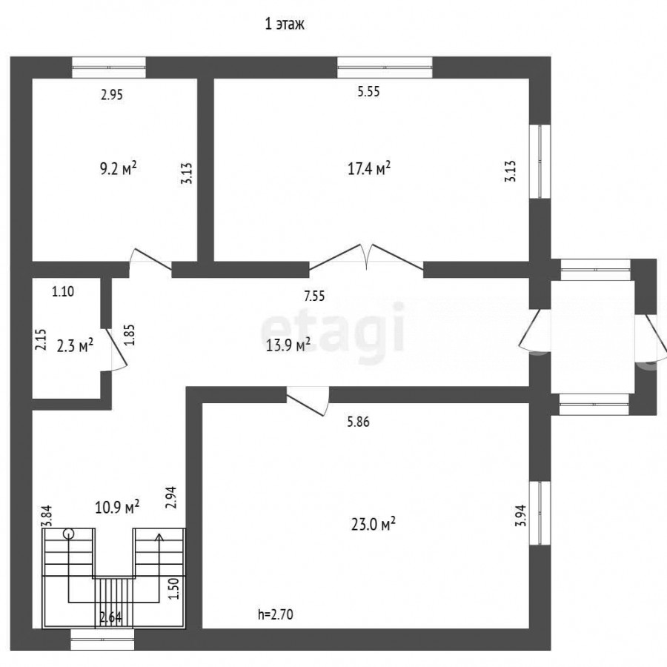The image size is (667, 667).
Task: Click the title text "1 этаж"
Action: [x=285, y=24]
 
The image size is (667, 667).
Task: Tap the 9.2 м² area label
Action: [x=119, y=168]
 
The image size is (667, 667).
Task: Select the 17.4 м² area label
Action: [x=369, y=168]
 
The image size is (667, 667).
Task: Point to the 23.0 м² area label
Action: [x=374, y=524]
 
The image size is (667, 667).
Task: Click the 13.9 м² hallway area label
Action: [x=288, y=345]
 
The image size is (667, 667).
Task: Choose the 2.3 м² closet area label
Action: [x=75, y=346]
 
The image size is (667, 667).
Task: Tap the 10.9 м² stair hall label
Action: [x=117, y=507]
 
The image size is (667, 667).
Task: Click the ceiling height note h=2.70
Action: [x=276, y=614]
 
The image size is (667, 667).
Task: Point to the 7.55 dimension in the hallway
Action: [x=314, y=296]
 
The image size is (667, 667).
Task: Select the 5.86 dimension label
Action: [x=358, y=422]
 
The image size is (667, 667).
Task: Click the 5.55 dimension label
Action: [x=368, y=91]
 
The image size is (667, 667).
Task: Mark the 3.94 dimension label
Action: [x=521, y=516]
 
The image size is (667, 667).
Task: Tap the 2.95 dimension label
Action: [x=111, y=94]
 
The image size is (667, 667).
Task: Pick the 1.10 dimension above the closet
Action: [x=63, y=292]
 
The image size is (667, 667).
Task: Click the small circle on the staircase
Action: [x=68, y=534]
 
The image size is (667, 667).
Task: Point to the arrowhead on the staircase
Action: [x=159, y=537]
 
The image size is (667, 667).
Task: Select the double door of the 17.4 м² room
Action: [x=366, y=257]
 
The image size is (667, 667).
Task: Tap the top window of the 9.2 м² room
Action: [x=109, y=67]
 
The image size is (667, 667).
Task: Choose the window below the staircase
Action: [x=102, y=640]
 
